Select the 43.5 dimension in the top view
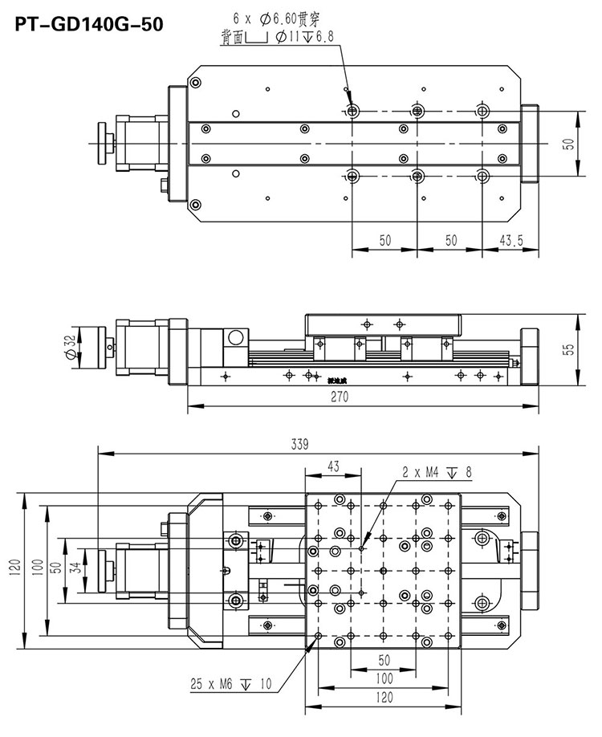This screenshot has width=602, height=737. pos(511,240)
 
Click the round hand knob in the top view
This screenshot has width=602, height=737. pos(103,142)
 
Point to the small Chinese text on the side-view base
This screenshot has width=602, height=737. pos(317,375)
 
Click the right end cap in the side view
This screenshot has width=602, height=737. pos(531,348)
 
